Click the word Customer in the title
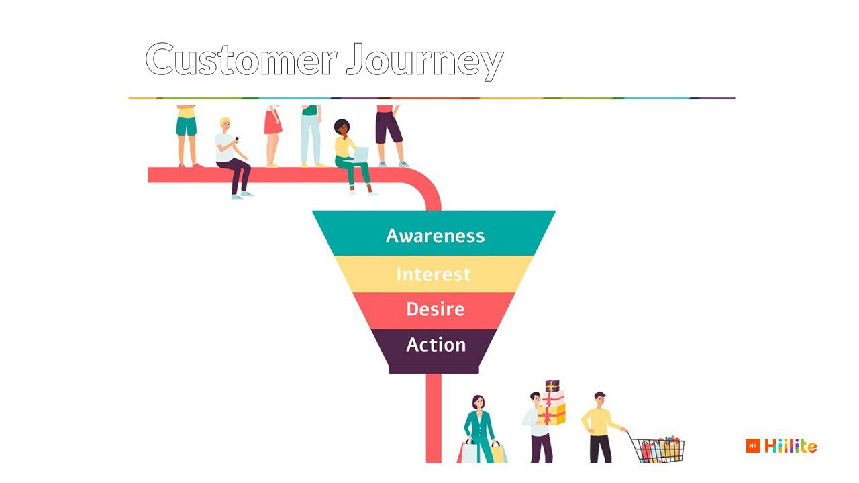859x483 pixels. tap(241, 60)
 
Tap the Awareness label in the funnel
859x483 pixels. tap(436, 235)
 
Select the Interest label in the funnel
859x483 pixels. tap(434, 274)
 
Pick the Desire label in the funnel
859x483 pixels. tap(436, 309)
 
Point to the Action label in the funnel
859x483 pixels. tap(436, 344)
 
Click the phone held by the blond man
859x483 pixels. tap(237, 139)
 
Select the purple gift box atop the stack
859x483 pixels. tap(552, 386)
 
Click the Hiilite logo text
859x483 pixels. tap(791, 446)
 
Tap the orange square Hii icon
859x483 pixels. tap(753, 446)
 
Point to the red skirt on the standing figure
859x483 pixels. tap(272, 122)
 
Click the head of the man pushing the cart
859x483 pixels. tap(600, 400)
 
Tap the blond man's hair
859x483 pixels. tap(225, 121)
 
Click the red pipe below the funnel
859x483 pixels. tap(434, 418)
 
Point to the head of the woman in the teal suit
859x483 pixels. tap(478, 402)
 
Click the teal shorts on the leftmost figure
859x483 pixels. tap(187, 125)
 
